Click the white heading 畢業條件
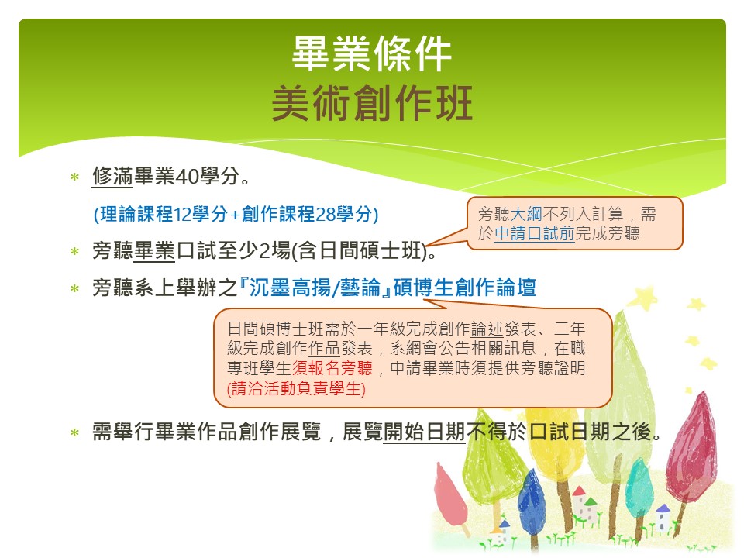click(x=371, y=53)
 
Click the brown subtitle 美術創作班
click(x=372, y=103)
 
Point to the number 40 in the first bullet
click(x=188, y=177)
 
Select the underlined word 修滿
click(x=112, y=176)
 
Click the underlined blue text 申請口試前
click(x=534, y=233)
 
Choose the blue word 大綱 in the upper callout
click(x=526, y=214)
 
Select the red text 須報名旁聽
click(x=332, y=368)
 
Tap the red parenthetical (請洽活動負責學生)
click(x=296, y=388)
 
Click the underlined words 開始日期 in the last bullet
click(x=424, y=432)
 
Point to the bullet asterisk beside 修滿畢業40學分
click(x=74, y=177)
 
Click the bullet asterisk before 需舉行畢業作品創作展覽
click(x=74, y=432)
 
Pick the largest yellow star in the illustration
click(x=643, y=298)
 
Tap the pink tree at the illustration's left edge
click(x=449, y=494)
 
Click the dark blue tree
click(x=531, y=498)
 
